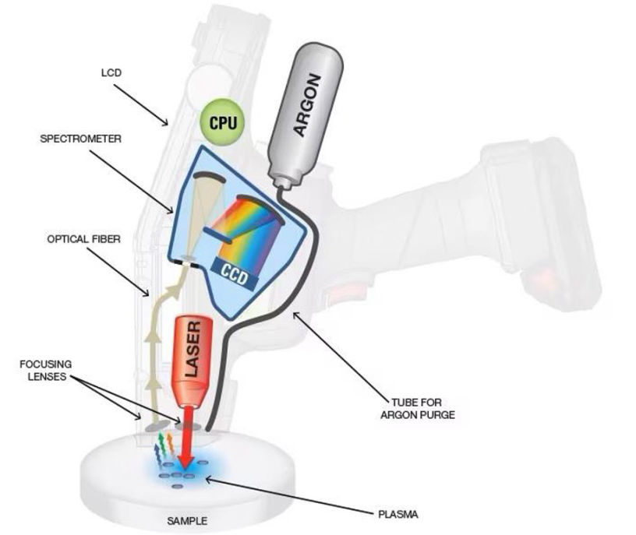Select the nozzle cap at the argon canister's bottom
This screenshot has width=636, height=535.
tap(287, 181)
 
